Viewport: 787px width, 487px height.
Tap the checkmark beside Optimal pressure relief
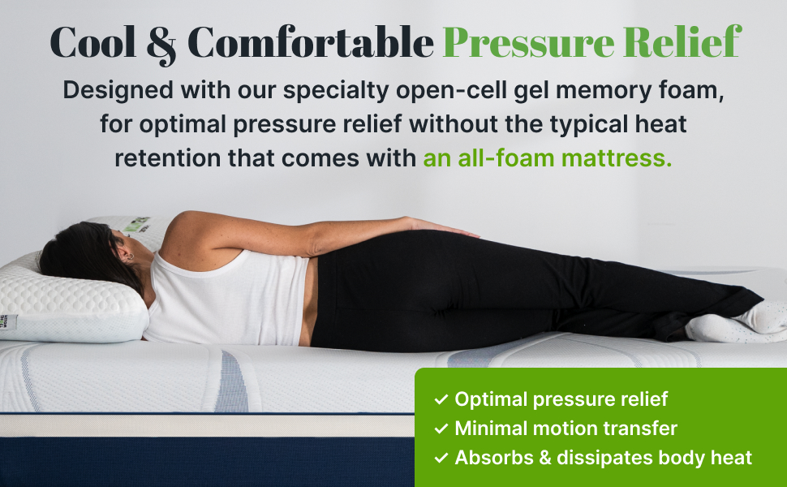pyautogui.click(x=441, y=399)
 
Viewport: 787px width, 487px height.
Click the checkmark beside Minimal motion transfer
pyautogui.click(x=441, y=429)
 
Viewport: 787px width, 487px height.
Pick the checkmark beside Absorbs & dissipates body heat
pyautogui.click(x=441, y=458)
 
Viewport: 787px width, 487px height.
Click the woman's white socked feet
pyautogui.click(x=734, y=322)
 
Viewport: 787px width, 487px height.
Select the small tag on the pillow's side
pyautogui.click(x=8, y=322)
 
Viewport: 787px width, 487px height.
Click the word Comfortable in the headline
pyautogui.click(x=311, y=43)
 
